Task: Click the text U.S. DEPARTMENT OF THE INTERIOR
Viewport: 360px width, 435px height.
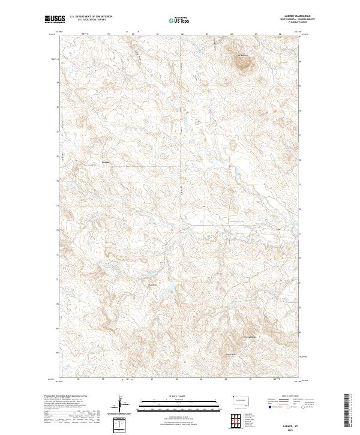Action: pos(91,17)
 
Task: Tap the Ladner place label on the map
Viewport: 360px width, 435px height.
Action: pos(106,162)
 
